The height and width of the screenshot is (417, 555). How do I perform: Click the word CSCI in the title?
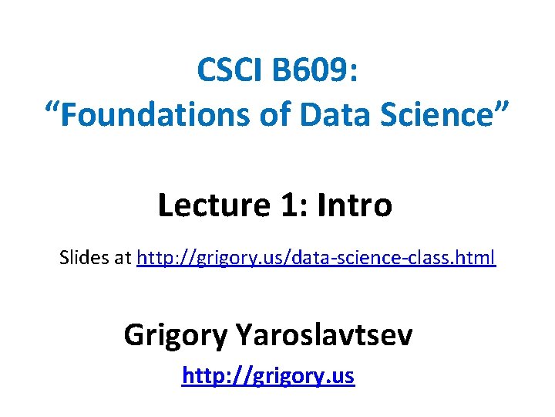[x=230, y=71]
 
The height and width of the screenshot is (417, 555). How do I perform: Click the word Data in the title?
[x=332, y=115]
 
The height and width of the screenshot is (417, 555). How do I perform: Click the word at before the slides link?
[x=124, y=258]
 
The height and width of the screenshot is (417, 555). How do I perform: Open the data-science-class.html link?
[x=316, y=258]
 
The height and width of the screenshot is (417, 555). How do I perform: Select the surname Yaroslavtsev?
[x=325, y=335]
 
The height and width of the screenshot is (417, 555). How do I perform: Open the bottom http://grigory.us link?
[x=267, y=376]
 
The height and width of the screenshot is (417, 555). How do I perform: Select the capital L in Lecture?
[x=166, y=205]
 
